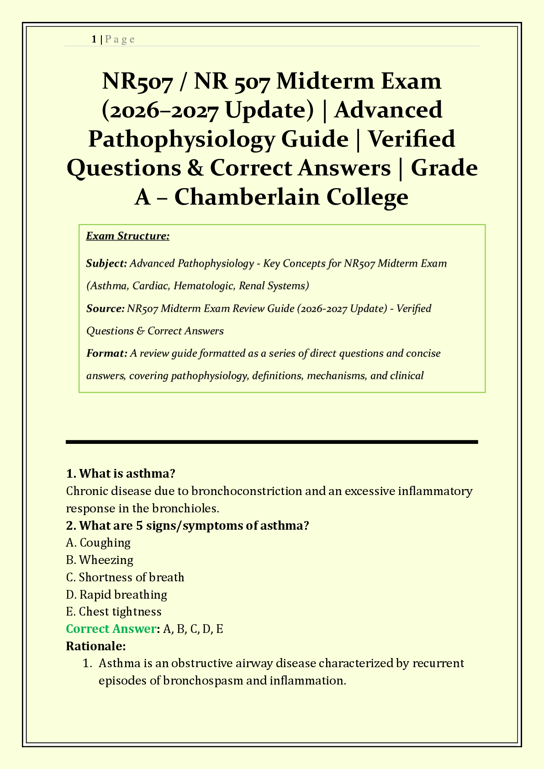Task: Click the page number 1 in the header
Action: [x=94, y=39]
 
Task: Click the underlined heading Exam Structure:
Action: [x=128, y=236]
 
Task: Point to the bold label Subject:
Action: [x=106, y=263]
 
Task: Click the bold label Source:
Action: [x=105, y=309]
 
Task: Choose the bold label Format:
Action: [x=106, y=353]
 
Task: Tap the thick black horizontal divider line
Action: [x=272, y=442]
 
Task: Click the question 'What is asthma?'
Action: [x=121, y=473]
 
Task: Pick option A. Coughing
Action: [x=99, y=543]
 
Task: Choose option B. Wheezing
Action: [x=100, y=560]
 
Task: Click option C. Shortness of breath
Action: [x=125, y=577]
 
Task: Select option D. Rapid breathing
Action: [x=116, y=595]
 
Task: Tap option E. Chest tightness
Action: [x=114, y=611]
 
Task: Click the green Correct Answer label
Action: [x=111, y=629]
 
